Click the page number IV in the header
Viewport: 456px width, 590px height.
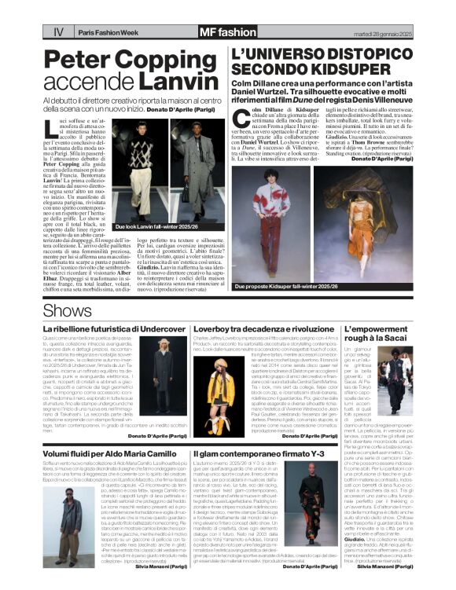[58, 32]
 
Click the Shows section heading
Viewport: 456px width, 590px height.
[67, 310]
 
